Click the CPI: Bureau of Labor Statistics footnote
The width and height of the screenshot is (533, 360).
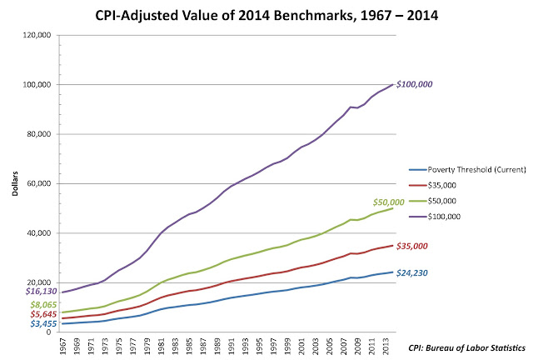pyautogui.click(x=467, y=346)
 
